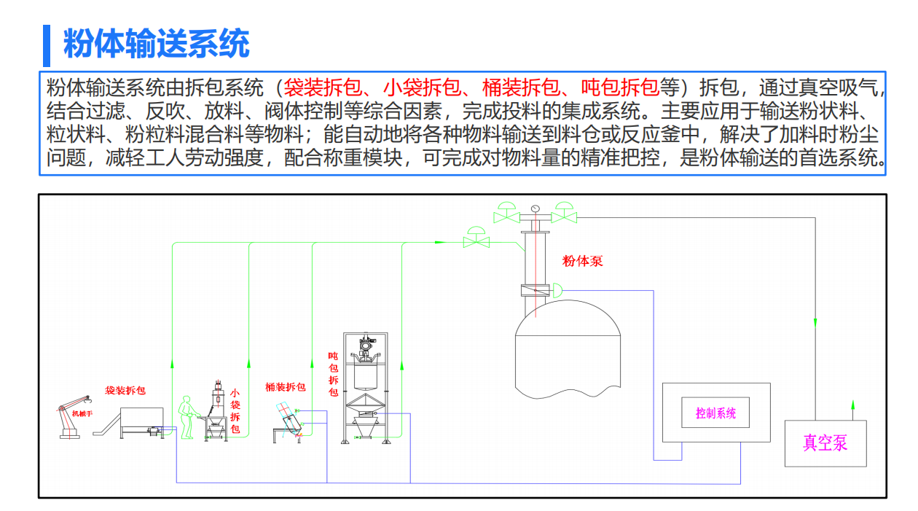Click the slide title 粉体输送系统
157,44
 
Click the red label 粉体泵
583,261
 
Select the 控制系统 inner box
715,413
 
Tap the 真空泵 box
825,442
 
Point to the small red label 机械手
82,414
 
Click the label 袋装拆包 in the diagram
125,391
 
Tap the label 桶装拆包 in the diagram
286,387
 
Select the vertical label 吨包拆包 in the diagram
333,374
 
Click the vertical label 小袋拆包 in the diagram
235,410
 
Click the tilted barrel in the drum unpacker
289,421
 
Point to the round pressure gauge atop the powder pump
535,208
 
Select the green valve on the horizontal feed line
476,238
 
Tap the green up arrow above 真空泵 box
853,404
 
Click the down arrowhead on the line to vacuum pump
815,322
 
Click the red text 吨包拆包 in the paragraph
620,89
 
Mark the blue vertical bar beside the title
47,44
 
